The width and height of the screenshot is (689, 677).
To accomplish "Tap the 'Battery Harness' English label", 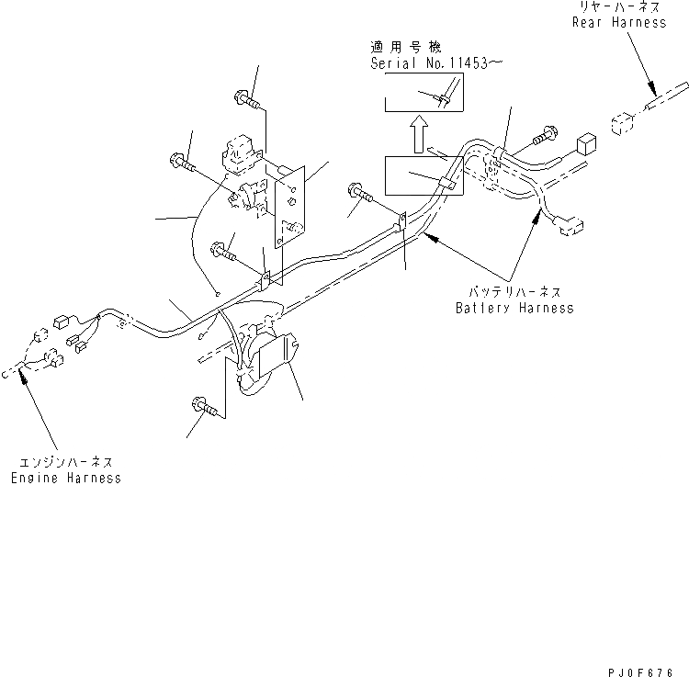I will point(514,308).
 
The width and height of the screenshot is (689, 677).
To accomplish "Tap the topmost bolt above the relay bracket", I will point(247,96).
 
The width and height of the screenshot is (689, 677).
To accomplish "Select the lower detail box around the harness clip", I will point(424,175).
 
